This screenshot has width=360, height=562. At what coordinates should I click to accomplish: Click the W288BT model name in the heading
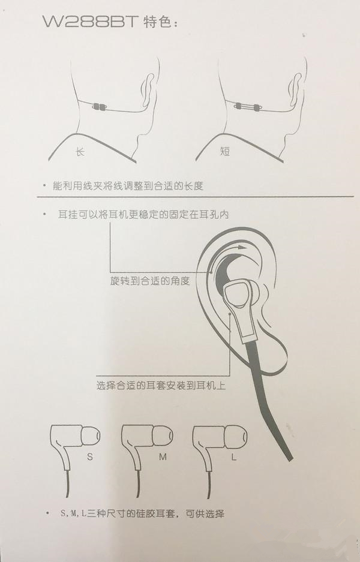click(91, 22)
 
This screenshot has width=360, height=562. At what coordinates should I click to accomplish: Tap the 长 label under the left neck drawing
click(80, 152)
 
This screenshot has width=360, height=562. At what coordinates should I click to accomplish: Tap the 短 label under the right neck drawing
click(225, 151)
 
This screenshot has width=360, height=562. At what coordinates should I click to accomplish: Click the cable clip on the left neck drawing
click(100, 106)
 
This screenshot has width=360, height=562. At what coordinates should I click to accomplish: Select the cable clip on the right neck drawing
click(247, 106)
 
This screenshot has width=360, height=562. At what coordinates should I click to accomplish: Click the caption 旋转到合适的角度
click(150, 281)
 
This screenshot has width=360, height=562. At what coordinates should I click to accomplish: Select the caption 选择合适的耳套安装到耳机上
click(161, 386)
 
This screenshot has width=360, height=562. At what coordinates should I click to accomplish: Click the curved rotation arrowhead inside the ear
click(243, 247)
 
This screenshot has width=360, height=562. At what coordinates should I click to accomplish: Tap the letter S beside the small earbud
click(89, 457)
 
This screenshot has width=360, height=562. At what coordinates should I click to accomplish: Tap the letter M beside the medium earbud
click(163, 457)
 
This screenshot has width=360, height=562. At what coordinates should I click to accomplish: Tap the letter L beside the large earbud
click(234, 457)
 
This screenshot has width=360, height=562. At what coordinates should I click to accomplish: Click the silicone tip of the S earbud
click(90, 436)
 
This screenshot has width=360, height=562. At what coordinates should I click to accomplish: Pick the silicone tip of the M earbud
click(163, 436)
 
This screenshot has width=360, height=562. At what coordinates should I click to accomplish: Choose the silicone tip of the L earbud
click(235, 437)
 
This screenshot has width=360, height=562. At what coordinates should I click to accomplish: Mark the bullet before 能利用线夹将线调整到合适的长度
click(44, 186)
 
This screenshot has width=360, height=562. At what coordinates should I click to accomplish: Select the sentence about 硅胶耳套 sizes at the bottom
click(142, 513)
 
